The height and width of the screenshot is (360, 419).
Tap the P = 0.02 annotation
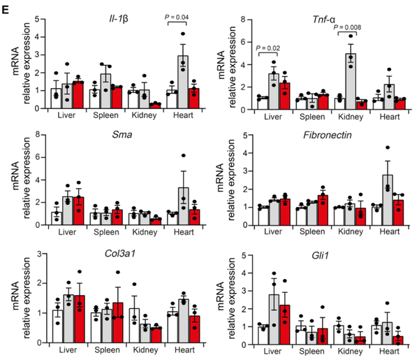[270, 48]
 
